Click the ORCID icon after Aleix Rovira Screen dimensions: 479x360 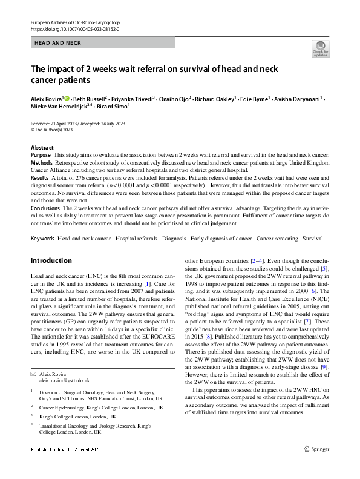[x=67, y=97]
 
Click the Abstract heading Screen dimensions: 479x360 [x=42, y=148]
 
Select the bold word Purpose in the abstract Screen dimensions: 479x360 [x=41, y=156]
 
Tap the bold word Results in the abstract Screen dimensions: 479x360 [x=40, y=179]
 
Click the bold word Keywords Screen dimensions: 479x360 [x=42, y=239]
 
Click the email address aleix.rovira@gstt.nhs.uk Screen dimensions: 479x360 [x=64, y=380]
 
